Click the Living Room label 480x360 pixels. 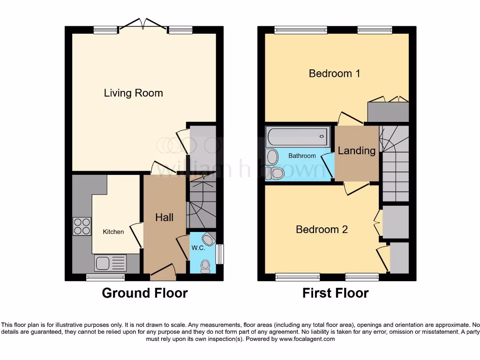[133, 93]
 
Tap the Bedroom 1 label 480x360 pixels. [334, 73]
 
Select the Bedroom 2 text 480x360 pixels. [322, 229]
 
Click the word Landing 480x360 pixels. [357, 150]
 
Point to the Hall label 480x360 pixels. [164, 217]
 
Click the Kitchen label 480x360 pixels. [113, 232]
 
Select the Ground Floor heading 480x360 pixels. [145, 293]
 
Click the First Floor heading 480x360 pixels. [335, 293]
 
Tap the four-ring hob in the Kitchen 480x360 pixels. [82, 226]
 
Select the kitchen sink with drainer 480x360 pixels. [111, 262]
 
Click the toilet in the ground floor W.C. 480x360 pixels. [205, 266]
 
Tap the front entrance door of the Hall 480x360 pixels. [162, 272]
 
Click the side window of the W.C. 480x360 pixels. [219, 254]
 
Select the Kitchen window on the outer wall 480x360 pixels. [105, 277]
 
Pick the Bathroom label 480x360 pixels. [302, 156]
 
